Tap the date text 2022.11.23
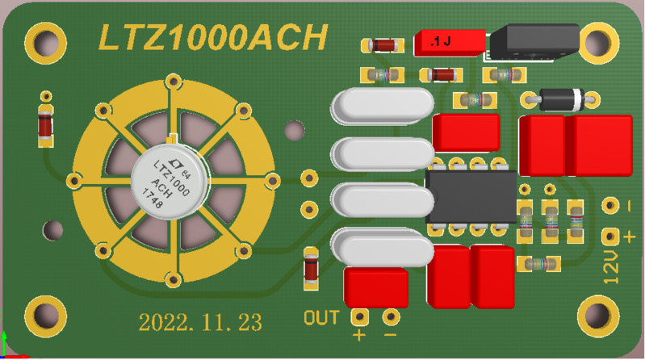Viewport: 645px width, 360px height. [200, 323]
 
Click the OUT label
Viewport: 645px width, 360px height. [321, 317]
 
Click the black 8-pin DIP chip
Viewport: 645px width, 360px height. [471, 198]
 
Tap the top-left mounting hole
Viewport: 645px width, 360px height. [45, 40]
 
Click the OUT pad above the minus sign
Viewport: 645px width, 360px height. [391, 316]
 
